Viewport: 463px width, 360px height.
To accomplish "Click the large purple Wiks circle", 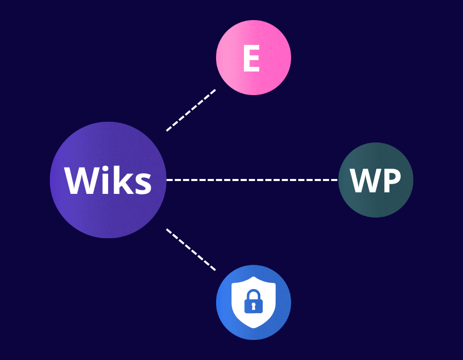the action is [108, 180].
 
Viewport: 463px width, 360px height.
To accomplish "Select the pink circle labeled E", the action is [254, 58].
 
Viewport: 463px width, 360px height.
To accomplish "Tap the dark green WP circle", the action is [376, 180].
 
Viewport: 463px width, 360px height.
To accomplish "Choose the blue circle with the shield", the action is [254, 302].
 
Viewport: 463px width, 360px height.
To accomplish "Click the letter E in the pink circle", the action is [251, 58].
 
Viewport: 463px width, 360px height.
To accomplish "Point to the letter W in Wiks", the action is [82, 181].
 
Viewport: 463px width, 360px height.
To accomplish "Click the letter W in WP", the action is [366, 181].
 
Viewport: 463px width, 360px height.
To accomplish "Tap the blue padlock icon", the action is [254, 301].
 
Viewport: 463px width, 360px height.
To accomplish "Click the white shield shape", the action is [254, 302].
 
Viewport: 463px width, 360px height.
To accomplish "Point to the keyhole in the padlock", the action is [254, 307].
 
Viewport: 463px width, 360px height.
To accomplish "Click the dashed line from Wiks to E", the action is [191, 110].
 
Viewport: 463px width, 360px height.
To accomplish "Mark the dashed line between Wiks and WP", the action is [252, 179].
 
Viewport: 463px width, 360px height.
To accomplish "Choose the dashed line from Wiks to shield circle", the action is [191, 249].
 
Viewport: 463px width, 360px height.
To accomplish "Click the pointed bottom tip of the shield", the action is [254, 328].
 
